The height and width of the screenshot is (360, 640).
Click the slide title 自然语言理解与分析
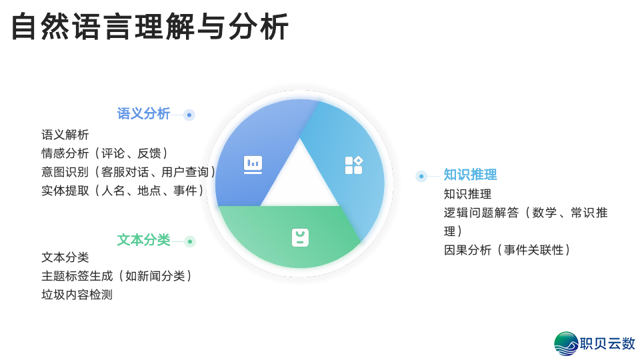(x=150, y=27)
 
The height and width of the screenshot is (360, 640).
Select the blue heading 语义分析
(x=143, y=113)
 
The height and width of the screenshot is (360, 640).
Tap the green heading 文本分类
(x=143, y=240)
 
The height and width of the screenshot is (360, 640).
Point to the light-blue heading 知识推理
(x=470, y=175)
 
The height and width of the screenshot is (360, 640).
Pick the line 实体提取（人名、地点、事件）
(x=124, y=191)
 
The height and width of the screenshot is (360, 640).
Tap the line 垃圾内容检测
(x=77, y=295)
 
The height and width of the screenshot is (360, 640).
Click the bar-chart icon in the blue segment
(x=253, y=164)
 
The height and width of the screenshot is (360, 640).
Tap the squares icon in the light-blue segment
(x=353, y=165)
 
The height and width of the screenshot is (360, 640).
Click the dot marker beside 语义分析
(x=189, y=115)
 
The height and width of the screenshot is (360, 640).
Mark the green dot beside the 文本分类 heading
(x=190, y=241)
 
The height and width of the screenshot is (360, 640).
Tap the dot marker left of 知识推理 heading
(x=421, y=176)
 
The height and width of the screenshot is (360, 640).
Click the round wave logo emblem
(x=566, y=344)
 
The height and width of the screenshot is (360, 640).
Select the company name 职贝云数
(x=607, y=344)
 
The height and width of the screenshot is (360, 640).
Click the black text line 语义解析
(x=65, y=135)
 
